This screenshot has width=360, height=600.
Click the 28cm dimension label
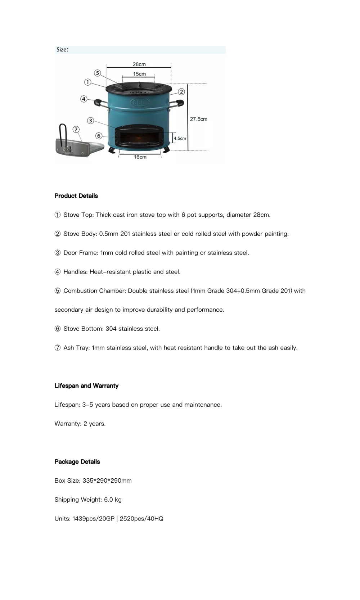(139, 64)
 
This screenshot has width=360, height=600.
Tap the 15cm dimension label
(139, 74)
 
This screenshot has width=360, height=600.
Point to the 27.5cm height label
(198, 119)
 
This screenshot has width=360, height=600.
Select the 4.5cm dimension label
(180, 139)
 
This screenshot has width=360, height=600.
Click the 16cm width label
(140, 157)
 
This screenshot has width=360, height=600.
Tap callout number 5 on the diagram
(98, 73)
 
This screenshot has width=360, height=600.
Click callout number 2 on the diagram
(181, 92)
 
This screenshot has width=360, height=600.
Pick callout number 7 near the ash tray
(76, 130)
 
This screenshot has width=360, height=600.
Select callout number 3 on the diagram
(90, 121)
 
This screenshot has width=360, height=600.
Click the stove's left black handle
(98, 103)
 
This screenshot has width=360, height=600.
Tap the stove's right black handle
(180, 103)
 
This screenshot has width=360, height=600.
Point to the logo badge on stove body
(139, 103)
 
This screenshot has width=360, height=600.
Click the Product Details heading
(76, 196)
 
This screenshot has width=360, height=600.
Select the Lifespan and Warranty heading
(86, 386)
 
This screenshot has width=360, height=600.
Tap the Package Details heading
(77, 462)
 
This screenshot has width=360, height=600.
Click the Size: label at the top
(62, 50)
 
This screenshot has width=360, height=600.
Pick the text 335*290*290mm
(107, 481)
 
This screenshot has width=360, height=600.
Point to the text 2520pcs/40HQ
(141, 519)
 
